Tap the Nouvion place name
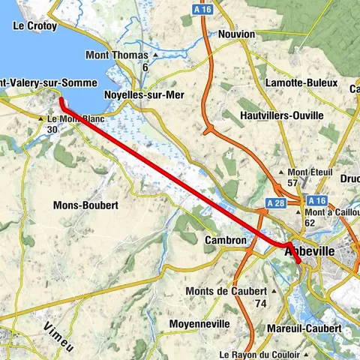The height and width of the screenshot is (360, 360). point(236,34)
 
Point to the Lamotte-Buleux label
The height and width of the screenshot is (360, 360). point(295,82)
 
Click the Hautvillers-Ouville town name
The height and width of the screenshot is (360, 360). point(282,115)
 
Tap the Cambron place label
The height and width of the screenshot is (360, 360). point(225,241)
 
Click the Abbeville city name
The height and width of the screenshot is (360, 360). point(313,253)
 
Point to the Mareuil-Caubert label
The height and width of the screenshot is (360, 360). point(304,328)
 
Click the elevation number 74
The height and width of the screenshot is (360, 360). point(261,303)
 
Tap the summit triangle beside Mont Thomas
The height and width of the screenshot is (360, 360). point(155,55)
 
